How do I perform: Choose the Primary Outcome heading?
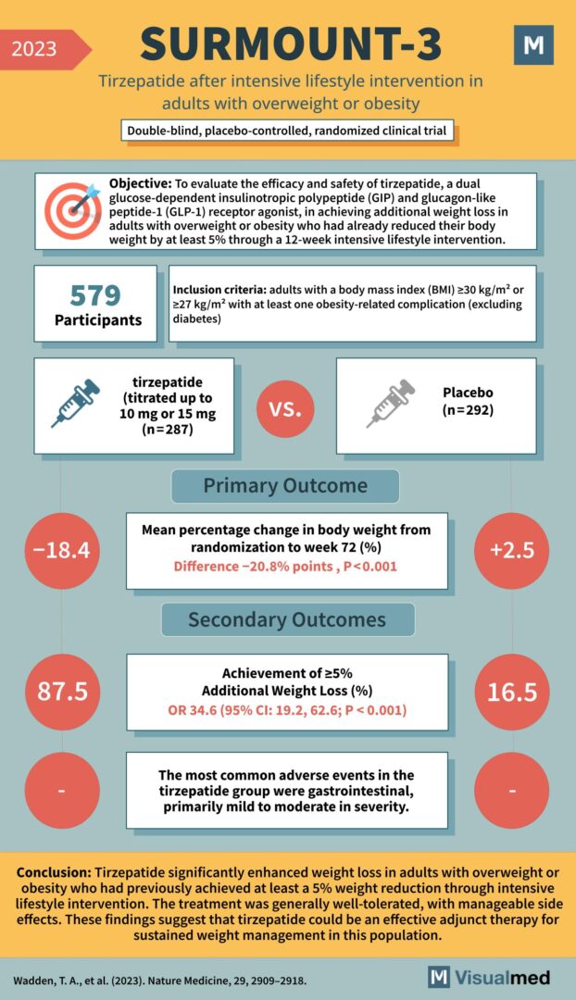pyautogui.click(x=285, y=486)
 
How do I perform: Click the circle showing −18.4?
pyautogui.click(x=60, y=551)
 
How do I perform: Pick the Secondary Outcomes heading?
pyautogui.click(x=287, y=619)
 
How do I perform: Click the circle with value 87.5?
pyautogui.click(x=60, y=692)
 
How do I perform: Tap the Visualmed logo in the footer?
pyautogui.click(x=489, y=977)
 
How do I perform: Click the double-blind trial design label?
pyautogui.click(x=287, y=131)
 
